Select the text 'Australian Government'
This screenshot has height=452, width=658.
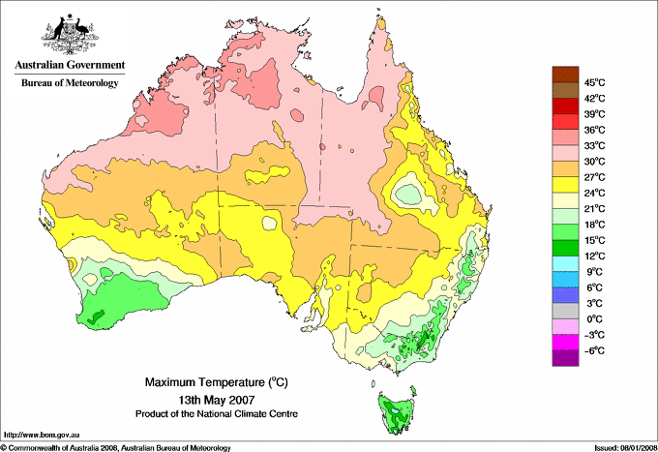point(69,65)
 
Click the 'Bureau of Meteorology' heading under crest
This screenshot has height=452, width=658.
point(69,83)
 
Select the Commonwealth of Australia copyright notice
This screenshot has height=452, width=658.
point(116,446)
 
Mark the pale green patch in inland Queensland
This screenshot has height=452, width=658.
point(411,194)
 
